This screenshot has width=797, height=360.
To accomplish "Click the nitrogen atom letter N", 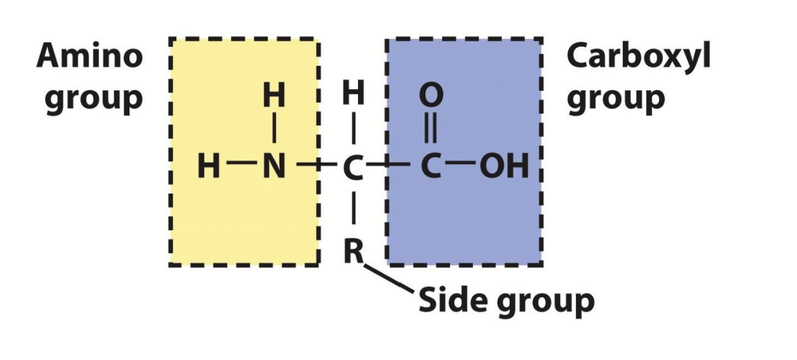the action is (x=274, y=166).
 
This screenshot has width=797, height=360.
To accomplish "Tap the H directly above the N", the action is (x=274, y=96).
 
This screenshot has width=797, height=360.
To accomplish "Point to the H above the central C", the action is (x=353, y=95).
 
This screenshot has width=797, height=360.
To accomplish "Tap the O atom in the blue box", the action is (x=430, y=96).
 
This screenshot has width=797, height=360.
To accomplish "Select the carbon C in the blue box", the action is (x=430, y=166).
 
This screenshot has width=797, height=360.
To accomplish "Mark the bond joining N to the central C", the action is (x=314, y=165).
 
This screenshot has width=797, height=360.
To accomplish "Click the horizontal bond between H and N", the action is (x=241, y=165).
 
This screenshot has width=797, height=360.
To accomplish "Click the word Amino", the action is (x=90, y=57).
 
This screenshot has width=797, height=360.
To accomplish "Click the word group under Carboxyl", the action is (x=615, y=99).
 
